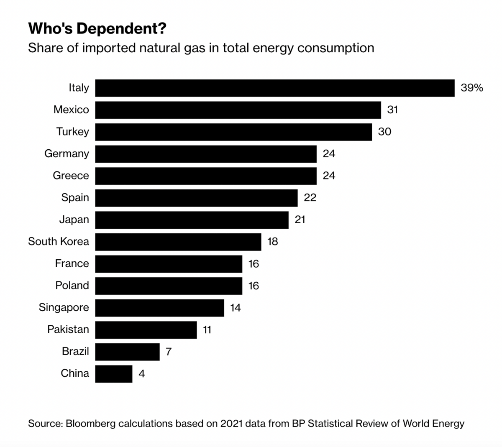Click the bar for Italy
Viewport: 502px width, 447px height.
[274, 88]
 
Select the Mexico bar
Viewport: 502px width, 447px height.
[238, 110]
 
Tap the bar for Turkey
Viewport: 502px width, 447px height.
[233, 132]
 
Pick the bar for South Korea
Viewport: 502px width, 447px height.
[178, 242]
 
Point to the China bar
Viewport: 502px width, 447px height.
[113, 374]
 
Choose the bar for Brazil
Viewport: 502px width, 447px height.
[127, 352]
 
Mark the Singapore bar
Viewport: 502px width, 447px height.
[159, 308]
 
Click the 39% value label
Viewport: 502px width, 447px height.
[471, 88]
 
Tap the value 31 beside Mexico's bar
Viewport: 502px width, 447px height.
[392, 110]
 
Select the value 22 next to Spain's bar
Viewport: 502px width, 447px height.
[310, 198]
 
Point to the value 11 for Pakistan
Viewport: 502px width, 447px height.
[207, 330]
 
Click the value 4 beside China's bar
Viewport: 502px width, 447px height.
[142, 374]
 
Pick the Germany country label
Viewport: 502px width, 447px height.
[67, 154]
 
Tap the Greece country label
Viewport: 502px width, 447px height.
[71, 176]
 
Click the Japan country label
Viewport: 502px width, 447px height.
[74, 220]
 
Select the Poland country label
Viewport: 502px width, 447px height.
[72, 286]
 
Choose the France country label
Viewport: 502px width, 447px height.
[72, 263]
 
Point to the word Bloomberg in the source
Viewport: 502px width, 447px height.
[91, 424]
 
